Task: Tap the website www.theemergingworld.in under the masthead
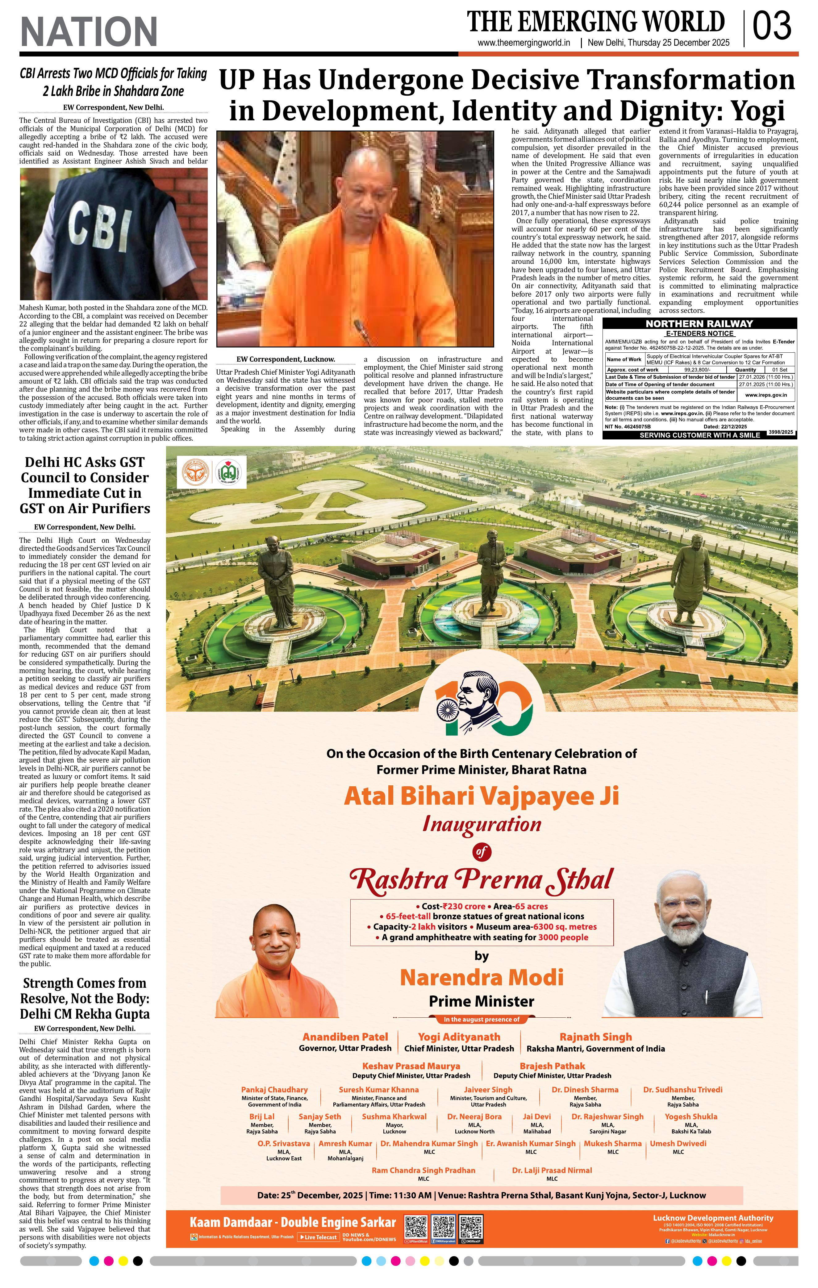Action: click(x=524, y=43)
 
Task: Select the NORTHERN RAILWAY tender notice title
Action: click(x=699, y=324)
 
